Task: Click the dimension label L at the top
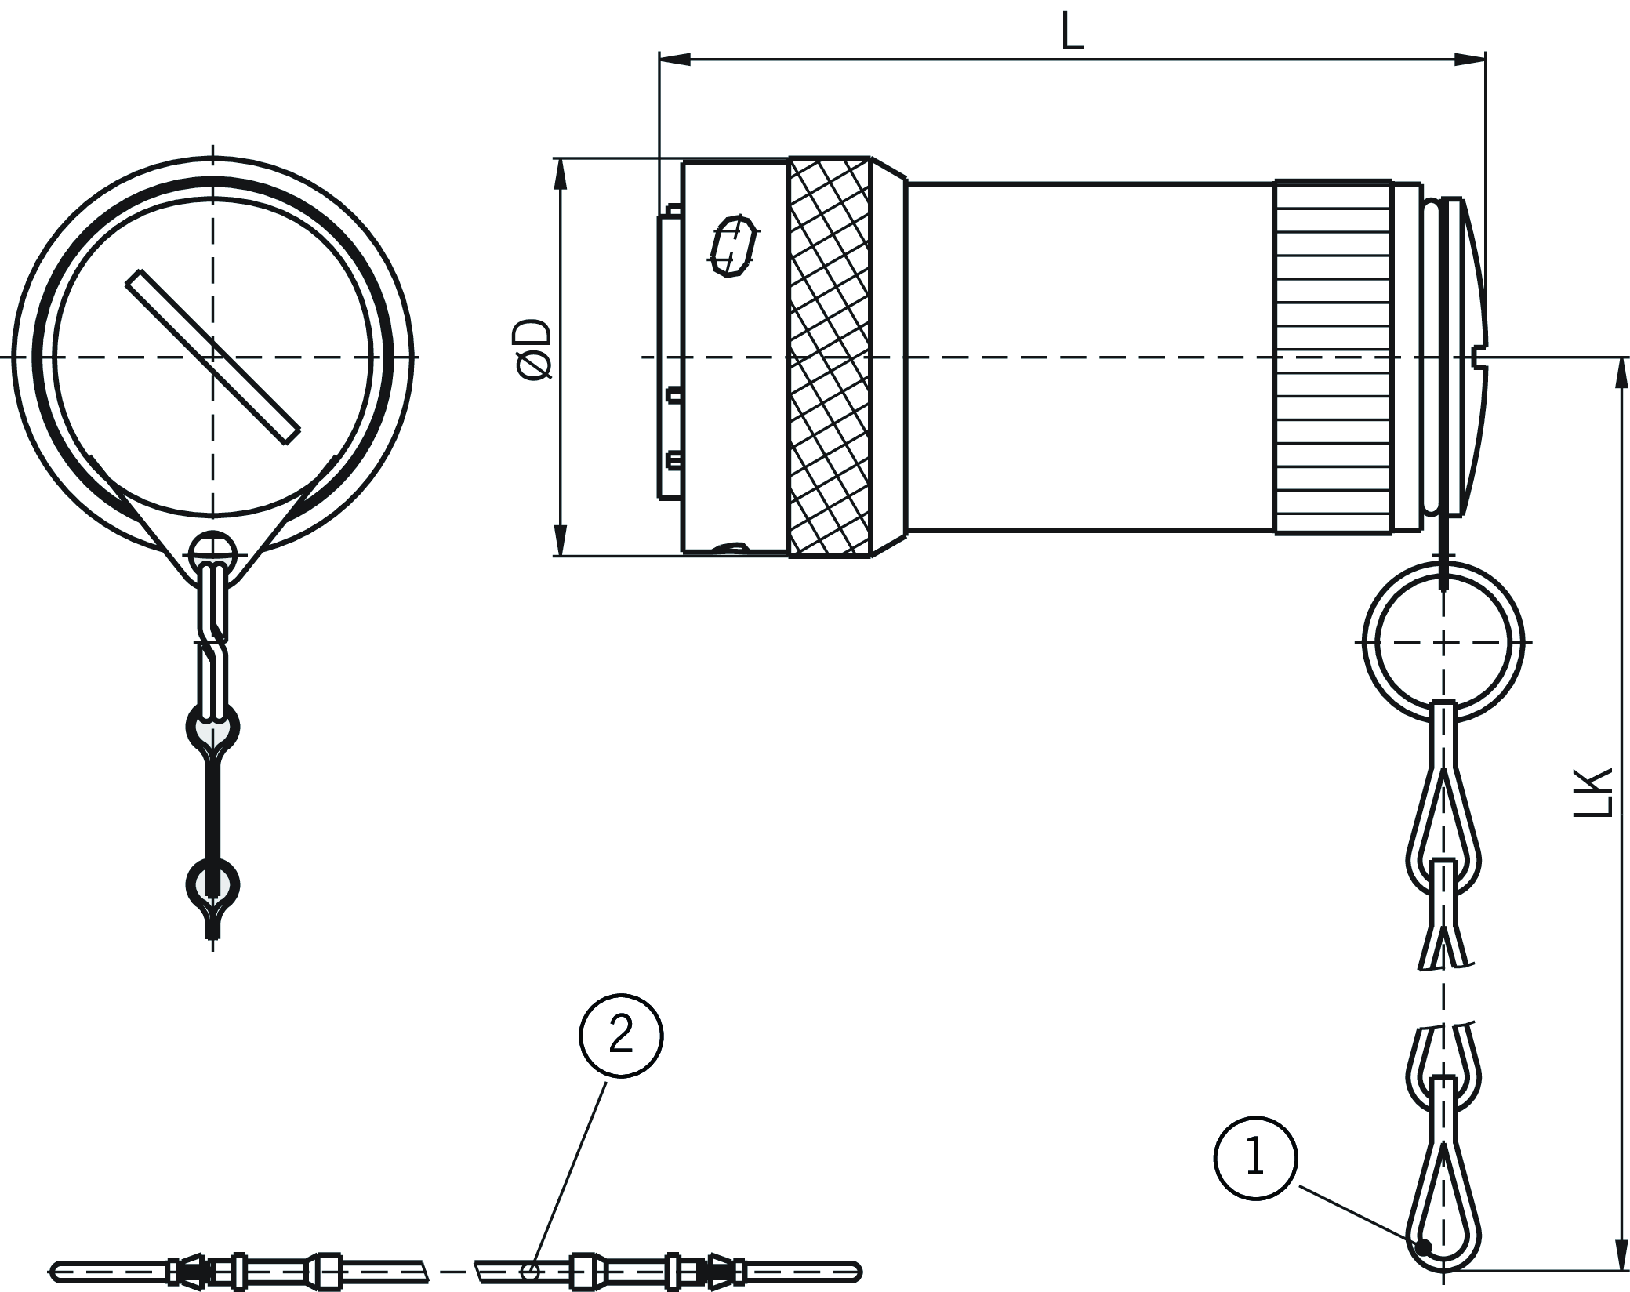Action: point(1072,32)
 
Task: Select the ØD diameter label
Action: point(536,350)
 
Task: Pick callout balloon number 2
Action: point(621,1036)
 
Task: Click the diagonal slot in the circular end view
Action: point(212,357)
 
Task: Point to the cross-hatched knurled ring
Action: point(830,357)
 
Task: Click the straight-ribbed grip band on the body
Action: point(1332,357)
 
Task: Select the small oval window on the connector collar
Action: point(732,246)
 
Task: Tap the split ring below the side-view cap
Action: point(1443,641)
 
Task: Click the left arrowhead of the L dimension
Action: point(674,59)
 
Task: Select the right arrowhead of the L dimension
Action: point(1470,59)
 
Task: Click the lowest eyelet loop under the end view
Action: point(212,884)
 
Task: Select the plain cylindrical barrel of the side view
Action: point(1090,357)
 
